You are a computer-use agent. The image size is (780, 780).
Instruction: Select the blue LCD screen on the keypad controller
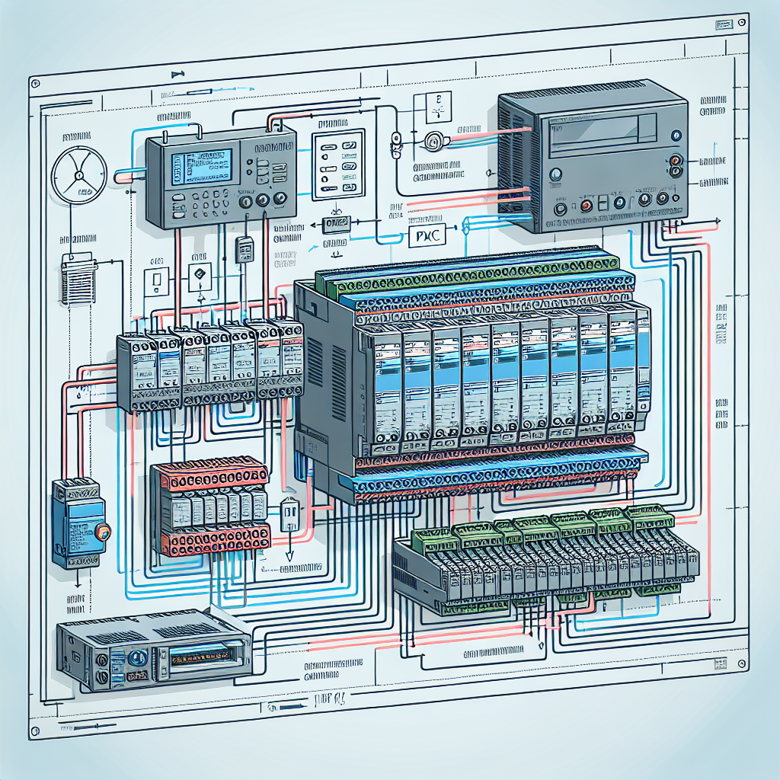click(202, 168)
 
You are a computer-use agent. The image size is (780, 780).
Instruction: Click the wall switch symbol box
click(157, 282)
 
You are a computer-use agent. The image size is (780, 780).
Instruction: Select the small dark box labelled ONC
click(336, 224)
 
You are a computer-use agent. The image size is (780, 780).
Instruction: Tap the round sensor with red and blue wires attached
click(435, 141)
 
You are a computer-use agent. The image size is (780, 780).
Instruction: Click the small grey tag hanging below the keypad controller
click(244, 249)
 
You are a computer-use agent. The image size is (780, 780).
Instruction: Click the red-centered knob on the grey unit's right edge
click(675, 161)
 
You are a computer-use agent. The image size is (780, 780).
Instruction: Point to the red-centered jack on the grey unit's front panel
click(586, 206)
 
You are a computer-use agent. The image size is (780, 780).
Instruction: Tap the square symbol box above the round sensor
click(431, 107)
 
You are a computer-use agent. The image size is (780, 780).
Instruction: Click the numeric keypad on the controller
click(201, 201)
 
